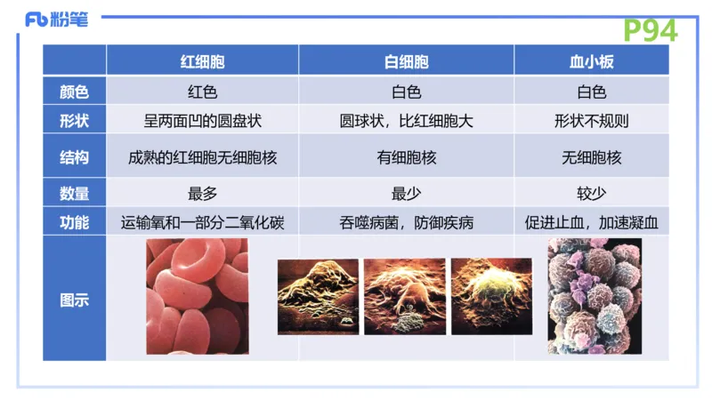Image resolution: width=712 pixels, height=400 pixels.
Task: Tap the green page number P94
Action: click(x=650, y=30)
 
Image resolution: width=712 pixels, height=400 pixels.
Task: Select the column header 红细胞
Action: click(x=202, y=61)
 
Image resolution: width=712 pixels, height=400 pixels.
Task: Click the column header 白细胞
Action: click(x=406, y=61)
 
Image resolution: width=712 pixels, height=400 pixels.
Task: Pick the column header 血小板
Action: click(x=591, y=61)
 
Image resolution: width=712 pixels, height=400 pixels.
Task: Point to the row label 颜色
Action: click(x=75, y=91)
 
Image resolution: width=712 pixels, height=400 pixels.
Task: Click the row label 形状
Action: click(x=75, y=120)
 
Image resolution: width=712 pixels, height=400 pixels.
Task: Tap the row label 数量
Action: click(x=75, y=193)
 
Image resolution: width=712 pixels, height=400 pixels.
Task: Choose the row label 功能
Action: click(x=75, y=222)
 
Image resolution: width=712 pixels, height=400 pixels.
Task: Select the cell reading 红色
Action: click(x=202, y=91)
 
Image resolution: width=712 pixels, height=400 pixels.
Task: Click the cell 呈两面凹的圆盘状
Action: click(x=202, y=120)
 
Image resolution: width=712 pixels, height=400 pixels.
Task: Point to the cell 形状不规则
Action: click(x=591, y=120)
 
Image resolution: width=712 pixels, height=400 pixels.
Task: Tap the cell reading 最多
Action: click(x=202, y=193)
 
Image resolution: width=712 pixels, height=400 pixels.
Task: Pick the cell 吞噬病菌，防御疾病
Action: click(x=406, y=222)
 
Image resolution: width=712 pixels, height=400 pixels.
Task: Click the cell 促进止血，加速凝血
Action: click(x=591, y=222)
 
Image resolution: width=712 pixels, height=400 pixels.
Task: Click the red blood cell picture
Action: click(x=198, y=296)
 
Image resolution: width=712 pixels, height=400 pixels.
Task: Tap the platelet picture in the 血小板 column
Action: click(x=594, y=296)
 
